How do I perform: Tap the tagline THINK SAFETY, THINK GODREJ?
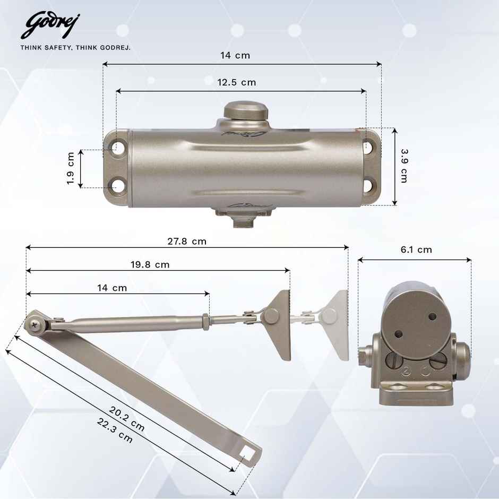click(75, 47)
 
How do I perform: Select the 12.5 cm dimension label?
click(237, 82)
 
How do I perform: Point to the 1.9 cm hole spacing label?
click(70, 169)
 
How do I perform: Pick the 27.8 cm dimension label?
click(187, 241)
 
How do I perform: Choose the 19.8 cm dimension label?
click(150, 264)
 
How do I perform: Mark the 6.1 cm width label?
click(416, 249)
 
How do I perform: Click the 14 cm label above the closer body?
click(235, 55)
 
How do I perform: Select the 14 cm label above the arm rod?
click(112, 288)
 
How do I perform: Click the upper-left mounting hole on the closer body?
click(117, 148)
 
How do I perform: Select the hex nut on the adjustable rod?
click(205, 321)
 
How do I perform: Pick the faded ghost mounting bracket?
click(334, 324)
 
